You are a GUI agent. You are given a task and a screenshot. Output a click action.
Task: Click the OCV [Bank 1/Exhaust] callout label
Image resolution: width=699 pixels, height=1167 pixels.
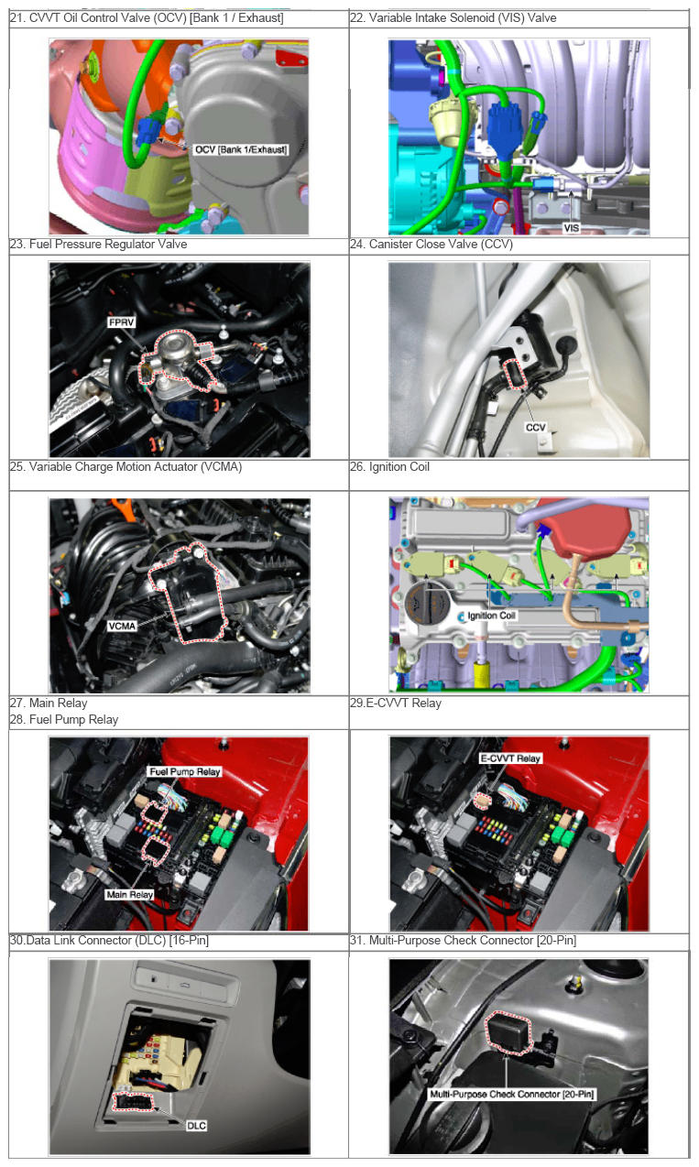[x=241, y=149]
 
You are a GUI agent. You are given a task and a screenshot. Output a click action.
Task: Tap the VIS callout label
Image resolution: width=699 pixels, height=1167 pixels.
[x=572, y=228]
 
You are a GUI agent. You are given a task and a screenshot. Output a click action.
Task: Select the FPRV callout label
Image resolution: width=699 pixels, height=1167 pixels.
[x=121, y=322]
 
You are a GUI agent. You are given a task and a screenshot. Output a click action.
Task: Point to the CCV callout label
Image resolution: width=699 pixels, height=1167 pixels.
[x=535, y=427]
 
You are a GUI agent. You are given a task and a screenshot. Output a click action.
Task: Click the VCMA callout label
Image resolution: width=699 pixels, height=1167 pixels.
[x=122, y=626]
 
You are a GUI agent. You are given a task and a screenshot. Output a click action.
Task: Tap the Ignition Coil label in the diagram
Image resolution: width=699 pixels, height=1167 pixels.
[x=491, y=616]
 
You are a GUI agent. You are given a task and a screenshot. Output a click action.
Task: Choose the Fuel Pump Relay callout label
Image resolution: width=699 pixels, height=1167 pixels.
[x=185, y=771]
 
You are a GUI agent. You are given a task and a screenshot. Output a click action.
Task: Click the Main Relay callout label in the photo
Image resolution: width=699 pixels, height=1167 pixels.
[x=130, y=895]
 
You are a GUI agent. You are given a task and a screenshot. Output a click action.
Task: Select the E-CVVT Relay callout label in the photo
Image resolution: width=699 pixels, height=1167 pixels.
[x=510, y=758]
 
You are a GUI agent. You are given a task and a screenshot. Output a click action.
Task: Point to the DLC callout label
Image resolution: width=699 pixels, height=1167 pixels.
[x=196, y=1126]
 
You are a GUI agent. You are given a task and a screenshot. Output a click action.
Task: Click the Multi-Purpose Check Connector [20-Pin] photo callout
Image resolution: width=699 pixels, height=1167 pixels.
[x=511, y=1094]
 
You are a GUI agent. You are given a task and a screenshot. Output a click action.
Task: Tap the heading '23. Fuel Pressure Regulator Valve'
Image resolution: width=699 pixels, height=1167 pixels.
[x=98, y=245]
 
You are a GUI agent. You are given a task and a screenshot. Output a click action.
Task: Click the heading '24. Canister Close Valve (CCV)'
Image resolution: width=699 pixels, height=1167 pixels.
[x=431, y=245]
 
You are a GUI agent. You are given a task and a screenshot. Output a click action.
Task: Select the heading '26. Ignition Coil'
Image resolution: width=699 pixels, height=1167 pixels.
[x=389, y=467]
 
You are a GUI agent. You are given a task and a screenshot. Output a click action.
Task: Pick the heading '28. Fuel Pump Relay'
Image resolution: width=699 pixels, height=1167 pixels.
[x=64, y=719]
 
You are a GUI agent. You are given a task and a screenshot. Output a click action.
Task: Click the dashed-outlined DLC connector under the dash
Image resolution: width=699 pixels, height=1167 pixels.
[x=134, y=1101]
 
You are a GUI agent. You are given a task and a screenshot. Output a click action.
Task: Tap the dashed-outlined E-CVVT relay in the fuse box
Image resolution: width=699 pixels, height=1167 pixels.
[x=483, y=801]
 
